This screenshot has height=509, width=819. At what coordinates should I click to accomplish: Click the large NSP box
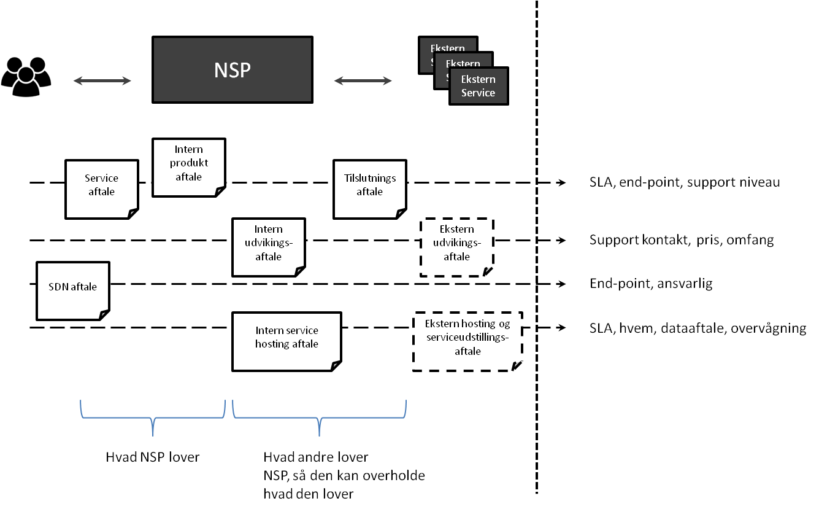232,69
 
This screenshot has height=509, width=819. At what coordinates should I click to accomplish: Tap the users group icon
26,76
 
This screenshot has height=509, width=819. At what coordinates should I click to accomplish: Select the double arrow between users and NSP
102,80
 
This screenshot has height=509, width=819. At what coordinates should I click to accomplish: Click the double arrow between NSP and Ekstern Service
363,80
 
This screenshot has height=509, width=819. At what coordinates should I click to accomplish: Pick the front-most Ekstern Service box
479,86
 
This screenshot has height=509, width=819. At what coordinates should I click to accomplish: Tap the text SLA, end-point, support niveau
685,182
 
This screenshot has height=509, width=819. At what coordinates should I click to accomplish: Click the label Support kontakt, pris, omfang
681,240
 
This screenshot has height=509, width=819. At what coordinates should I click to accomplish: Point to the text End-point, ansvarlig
650,284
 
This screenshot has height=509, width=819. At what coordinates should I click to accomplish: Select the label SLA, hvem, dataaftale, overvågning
698,328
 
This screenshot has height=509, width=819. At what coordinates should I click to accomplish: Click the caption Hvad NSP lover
153,457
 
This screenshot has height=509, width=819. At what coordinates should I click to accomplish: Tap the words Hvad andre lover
315,457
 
